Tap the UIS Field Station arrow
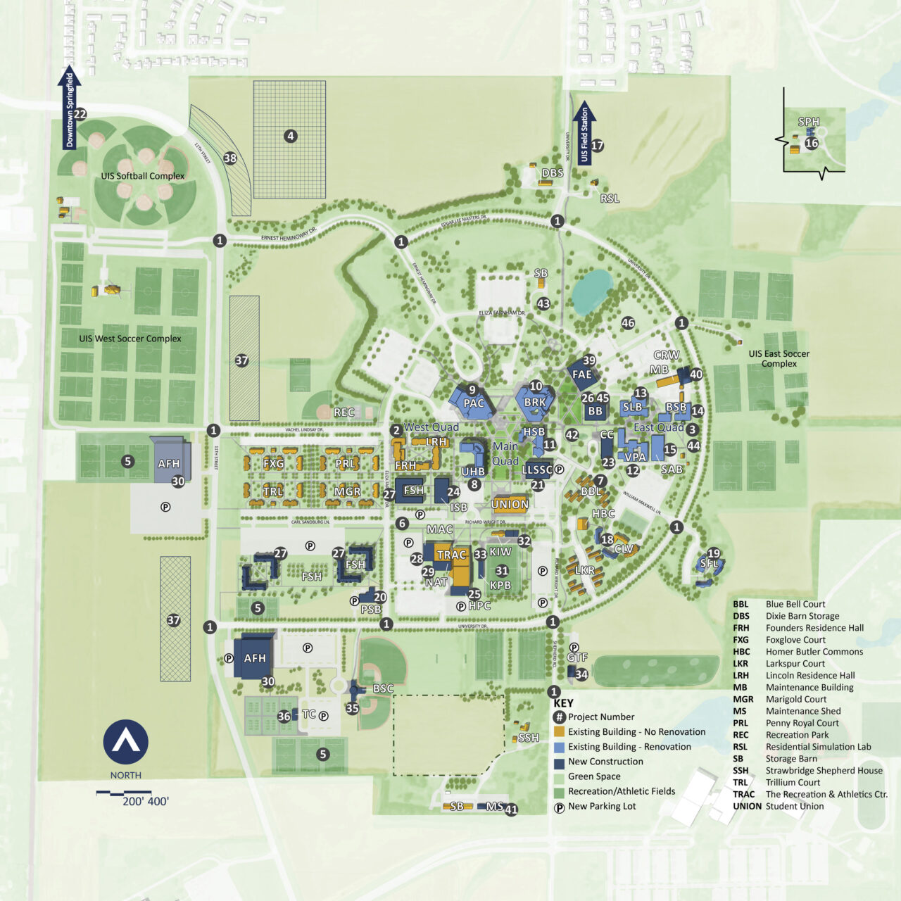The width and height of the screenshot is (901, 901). point(583,133)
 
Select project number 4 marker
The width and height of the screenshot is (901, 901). point(290,136)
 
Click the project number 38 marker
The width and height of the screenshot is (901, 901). point(230,158)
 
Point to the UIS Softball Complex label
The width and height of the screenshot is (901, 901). point(143,176)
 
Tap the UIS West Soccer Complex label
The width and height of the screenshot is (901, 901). point(130,339)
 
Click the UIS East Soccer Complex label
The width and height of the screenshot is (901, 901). point(779,359)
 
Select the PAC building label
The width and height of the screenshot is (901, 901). point(474,403)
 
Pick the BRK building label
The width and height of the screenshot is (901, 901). point(535,403)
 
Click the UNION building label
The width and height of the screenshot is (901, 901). point(510,504)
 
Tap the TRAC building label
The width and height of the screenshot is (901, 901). point(451,555)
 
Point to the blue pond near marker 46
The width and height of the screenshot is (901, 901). point(591,291)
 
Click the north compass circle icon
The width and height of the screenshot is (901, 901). point(126,742)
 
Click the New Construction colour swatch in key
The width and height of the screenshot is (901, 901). point(559,762)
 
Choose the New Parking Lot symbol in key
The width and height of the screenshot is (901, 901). point(559,807)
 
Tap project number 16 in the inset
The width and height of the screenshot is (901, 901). point(812,143)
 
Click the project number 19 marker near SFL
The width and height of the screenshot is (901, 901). point(714,553)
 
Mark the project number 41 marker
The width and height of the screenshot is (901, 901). point(511,809)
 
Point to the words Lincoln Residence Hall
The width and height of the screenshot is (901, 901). point(810,676)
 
